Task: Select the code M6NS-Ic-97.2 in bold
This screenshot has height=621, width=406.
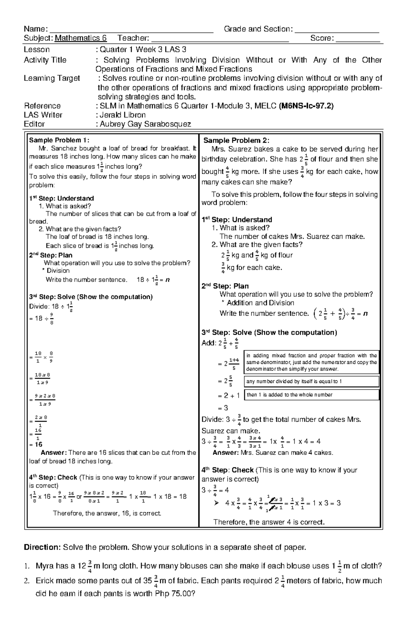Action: pos(306,106)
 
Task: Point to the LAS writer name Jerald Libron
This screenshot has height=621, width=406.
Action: pos(123,115)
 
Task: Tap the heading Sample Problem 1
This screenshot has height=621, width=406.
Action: pos(59,140)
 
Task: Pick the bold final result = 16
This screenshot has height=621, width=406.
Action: pos(36,444)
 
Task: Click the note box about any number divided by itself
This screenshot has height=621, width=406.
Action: pos(311,381)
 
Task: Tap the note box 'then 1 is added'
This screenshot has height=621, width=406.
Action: pos(311,395)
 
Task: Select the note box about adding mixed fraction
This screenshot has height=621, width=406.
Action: pos(311,362)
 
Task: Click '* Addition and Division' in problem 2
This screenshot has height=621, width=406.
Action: pos(257,303)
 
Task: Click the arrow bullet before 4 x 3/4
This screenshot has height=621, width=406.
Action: pos(217,503)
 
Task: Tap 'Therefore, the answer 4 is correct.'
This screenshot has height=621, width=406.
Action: pos(269,522)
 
